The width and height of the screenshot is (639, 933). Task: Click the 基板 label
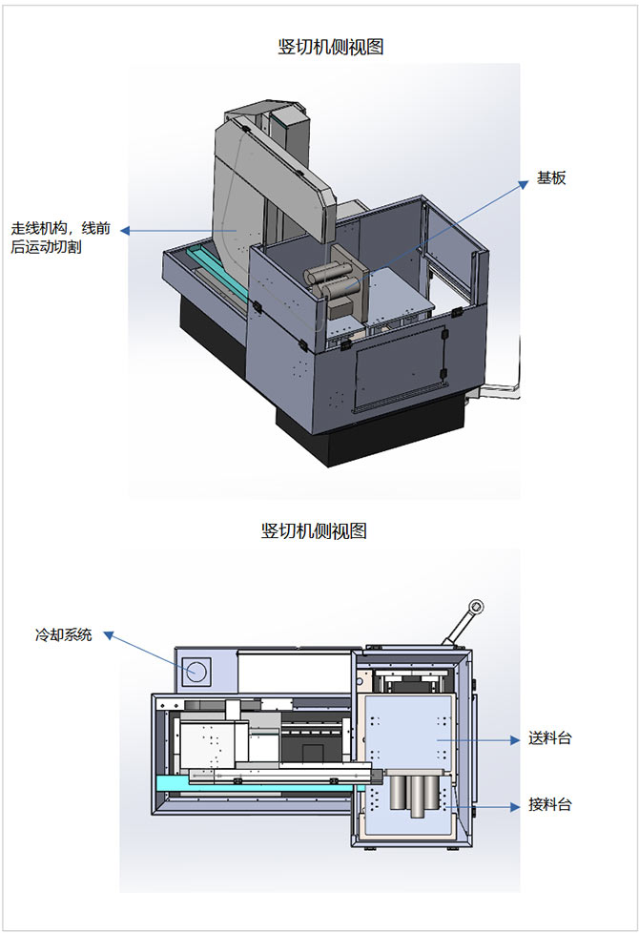click(x=551, y=177)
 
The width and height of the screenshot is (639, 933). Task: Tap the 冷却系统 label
click(x=64, y=634)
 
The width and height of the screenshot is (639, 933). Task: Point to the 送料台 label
click(x=550, y=738)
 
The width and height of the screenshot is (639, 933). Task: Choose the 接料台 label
click(x=550, y=804)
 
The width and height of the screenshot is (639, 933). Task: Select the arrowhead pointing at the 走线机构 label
click(x=125, y=231)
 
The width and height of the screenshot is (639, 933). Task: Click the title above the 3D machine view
click(x=330, y=47)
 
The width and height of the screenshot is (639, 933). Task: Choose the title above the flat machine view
click(x=314, y=531)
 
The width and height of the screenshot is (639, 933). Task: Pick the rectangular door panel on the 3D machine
click(x=401, y=364)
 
